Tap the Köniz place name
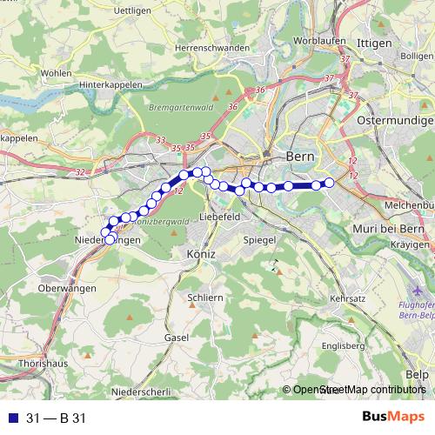(x=201, y=253)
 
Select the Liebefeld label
(x=220, y=215)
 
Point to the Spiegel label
(x=259, y=239)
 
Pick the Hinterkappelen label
(x=92, y=87)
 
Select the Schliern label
(x=205, y=298)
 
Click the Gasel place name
(x=177, y=336)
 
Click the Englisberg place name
(x=341, y=345)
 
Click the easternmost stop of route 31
(x=330, y=183)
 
